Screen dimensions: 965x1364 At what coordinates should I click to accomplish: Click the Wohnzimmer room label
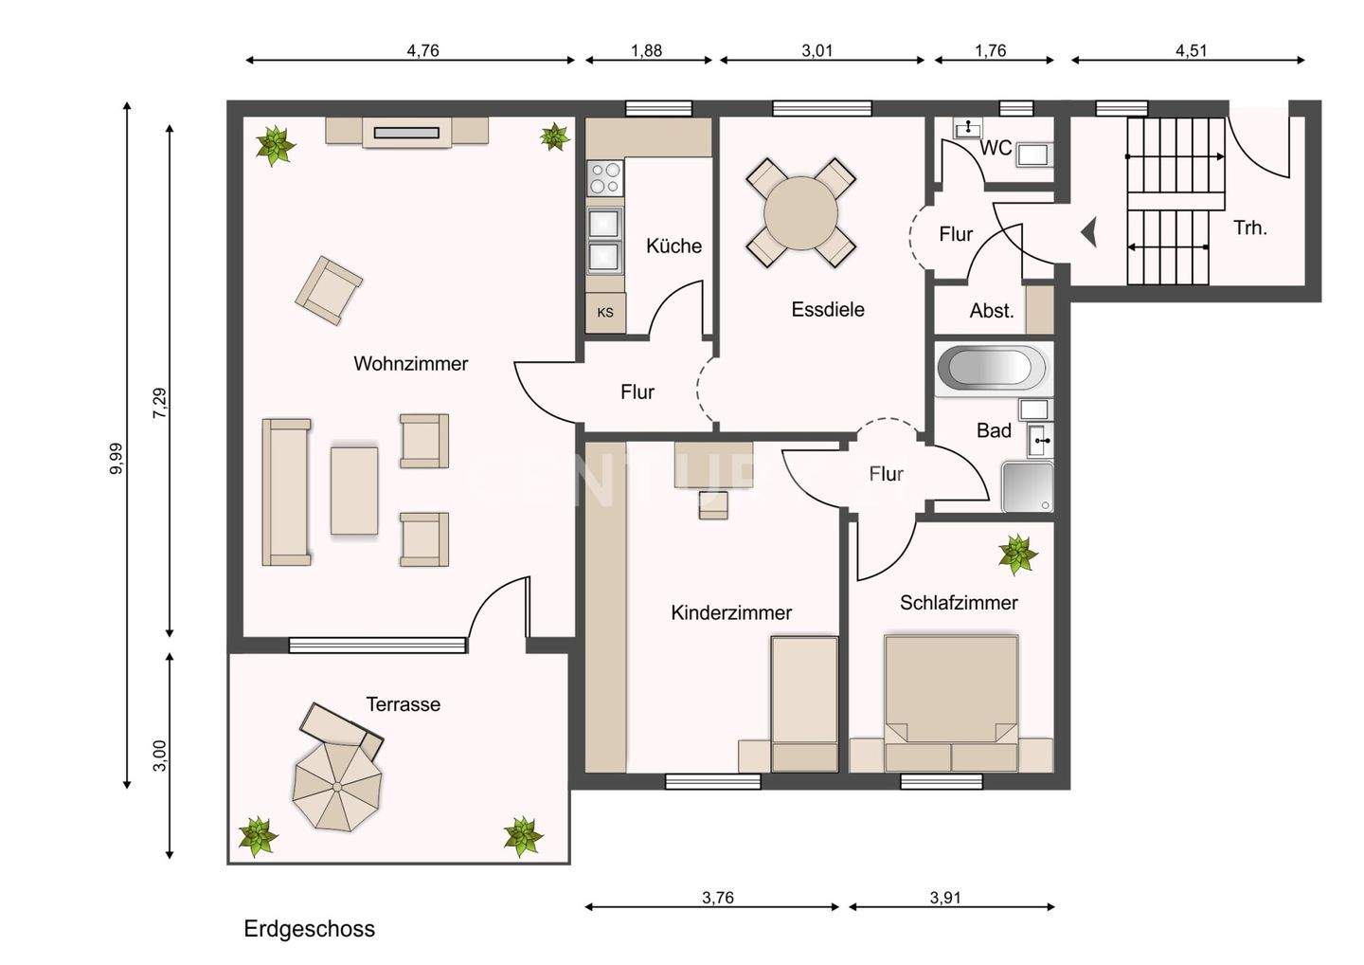click(x=410, y=364)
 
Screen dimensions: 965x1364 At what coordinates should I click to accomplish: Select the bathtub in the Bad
click(x=992, y=369)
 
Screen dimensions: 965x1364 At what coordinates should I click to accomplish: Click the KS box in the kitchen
click(x=605, y=313)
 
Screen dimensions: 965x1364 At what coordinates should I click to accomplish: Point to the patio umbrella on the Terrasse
click(x=337, y=786)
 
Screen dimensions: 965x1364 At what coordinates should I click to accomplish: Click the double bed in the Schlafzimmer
click(x=951, y=701)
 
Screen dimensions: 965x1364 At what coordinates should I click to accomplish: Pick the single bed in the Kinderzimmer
click(x=804, y=703)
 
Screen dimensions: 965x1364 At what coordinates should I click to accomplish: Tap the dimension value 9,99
click(x=116, y=459)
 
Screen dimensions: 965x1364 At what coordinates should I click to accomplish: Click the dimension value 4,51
click(x=1191, y=51)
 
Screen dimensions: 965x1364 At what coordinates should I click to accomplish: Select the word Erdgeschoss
click(x=309, y=929)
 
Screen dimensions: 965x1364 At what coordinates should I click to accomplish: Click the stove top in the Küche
click(x=604, y=177)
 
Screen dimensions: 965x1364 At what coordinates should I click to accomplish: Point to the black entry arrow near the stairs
click(x=1089, y=231)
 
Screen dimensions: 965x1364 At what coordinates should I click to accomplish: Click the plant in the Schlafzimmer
click(x=1017, y=555)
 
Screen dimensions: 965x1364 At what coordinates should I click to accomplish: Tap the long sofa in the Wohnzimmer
click(x=286, y=492)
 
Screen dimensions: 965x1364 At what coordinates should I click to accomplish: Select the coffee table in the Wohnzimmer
click(x=354, y=490)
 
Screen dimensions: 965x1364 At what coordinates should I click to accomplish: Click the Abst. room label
click(x=992, y=311)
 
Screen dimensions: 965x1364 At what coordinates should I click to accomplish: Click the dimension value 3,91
click(x=945, y=898)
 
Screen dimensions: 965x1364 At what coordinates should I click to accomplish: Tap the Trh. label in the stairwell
click(x=1250, y=228)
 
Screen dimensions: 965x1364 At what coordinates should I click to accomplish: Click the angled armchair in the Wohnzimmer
click(x=328, y=289)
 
